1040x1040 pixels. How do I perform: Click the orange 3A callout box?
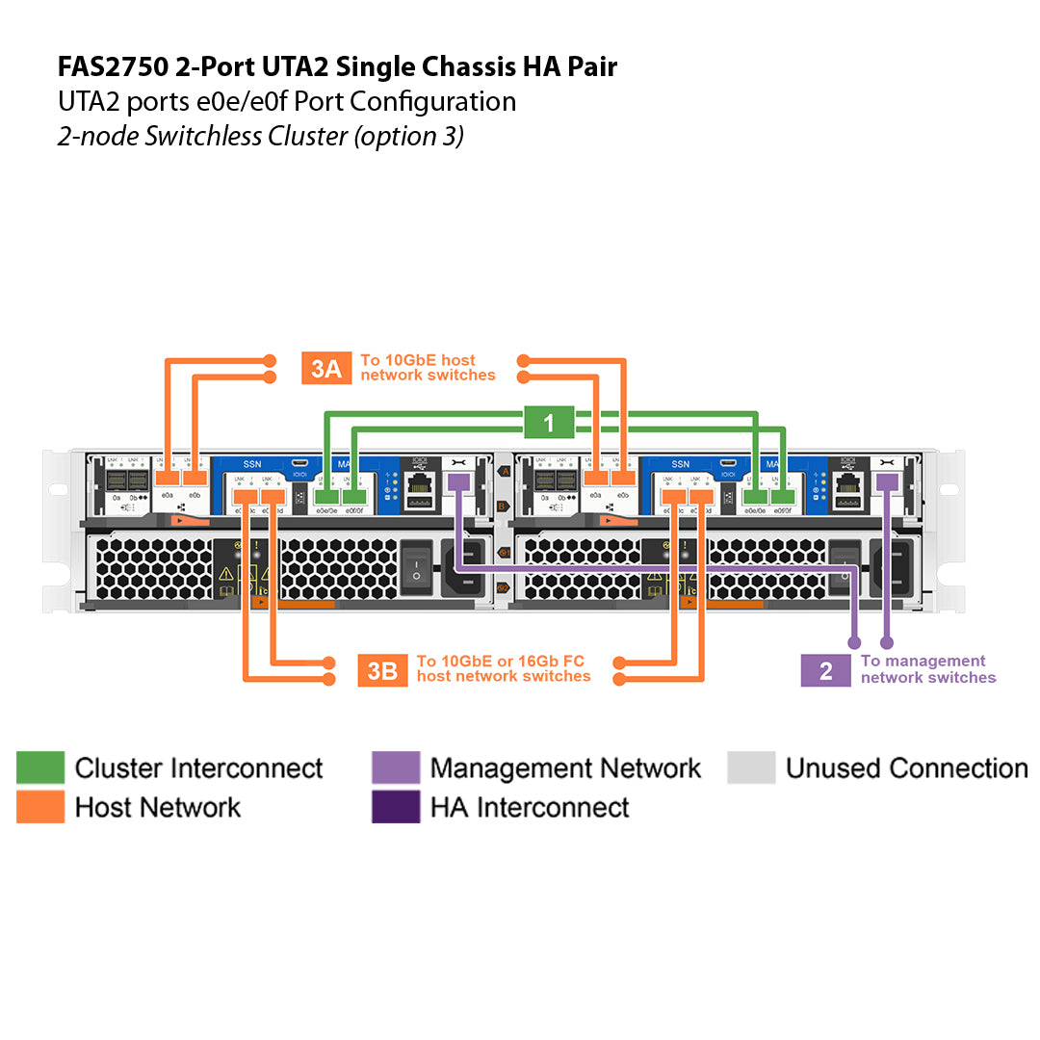pos(325,368)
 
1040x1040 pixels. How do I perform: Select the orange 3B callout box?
pos(382,670)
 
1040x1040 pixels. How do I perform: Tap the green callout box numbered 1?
pos(549,423)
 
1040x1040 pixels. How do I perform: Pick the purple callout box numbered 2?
pos(825,670)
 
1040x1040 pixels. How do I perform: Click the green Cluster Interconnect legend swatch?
pos(40,768)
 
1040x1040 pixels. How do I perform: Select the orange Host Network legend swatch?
pos(40,807)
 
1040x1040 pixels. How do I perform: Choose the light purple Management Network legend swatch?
pos(396,768)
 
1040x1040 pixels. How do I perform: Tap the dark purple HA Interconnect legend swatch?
pos(396,807)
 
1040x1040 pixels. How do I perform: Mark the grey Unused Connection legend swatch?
pos(751,768)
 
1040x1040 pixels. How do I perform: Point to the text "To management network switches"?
pos(927,669)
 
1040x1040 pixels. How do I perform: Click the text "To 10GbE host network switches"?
pos(428,368)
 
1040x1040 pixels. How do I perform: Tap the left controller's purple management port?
pos(458,481)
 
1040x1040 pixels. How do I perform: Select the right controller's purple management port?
pos(887,481)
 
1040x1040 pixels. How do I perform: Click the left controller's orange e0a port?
pos(169,478)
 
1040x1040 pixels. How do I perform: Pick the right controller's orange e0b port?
pos(624,478)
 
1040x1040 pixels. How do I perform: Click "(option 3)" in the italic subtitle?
pos(408,136)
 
